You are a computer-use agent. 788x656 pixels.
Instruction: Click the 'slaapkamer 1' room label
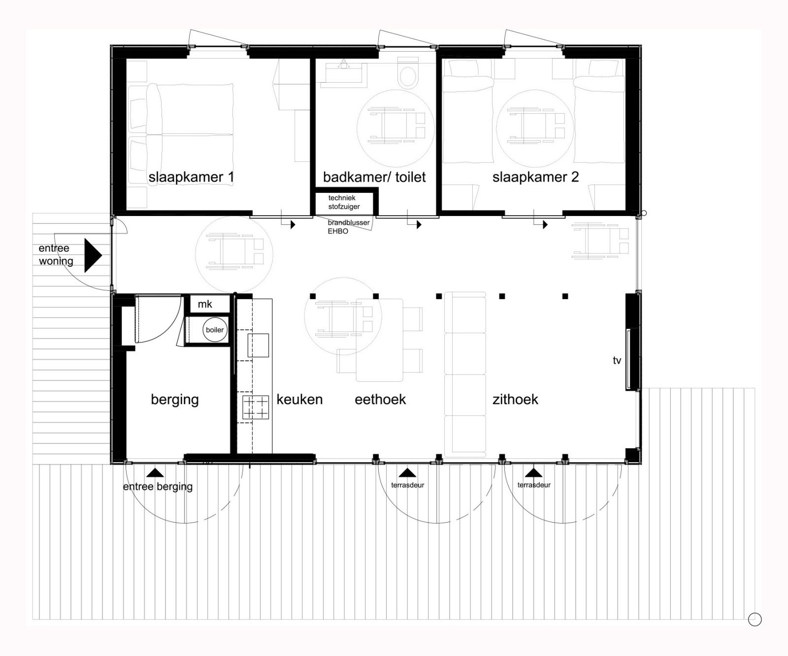click(x=191, y=177)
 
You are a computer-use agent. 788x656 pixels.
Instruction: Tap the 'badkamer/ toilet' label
click(x=374, y=177)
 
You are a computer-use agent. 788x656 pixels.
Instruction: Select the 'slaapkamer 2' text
click(x=535, y=177)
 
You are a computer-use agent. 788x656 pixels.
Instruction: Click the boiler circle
click(x=215, y=330)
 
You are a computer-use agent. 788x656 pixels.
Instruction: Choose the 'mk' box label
click(x=205, y=304)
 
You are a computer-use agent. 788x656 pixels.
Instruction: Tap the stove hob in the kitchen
click(x=256, y=407)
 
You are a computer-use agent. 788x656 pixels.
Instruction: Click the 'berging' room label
click(x=175, y=399)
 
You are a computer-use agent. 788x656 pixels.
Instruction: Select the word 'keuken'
click(x=299, y=399)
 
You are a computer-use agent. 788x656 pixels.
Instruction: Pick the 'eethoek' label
click(x=380, y=399)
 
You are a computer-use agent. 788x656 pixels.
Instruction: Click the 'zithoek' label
click(x=515, y=399)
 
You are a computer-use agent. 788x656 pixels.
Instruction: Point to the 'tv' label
click(x=617, y=361)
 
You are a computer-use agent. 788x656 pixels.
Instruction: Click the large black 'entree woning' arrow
click(x=93, y=255)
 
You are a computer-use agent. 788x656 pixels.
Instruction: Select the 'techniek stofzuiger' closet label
click(x=344, y=202)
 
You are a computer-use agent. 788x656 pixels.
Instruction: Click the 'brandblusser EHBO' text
click(x=348, y=227)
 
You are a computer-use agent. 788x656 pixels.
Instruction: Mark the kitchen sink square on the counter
click(x=258, y=345)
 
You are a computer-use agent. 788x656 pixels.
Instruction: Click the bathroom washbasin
click(x=343, y=74)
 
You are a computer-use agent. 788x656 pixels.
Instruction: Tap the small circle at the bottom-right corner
click(x=755, y=619)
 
